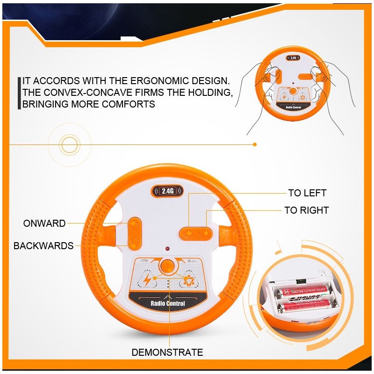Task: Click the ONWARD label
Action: [x=44, y=223]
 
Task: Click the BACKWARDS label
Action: [x=43, y=246]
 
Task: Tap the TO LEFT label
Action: [x=307, y=193]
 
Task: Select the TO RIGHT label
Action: [x=306, y=210]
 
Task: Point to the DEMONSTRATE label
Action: [x=167, y=352]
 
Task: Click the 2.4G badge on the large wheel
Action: [x=167, y=191]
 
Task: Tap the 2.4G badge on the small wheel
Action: [x=293, y=58]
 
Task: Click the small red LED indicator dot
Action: [x=167, y=248]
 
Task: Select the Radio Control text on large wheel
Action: [x=168, y=303]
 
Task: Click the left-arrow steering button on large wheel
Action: [x=189, y=232]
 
